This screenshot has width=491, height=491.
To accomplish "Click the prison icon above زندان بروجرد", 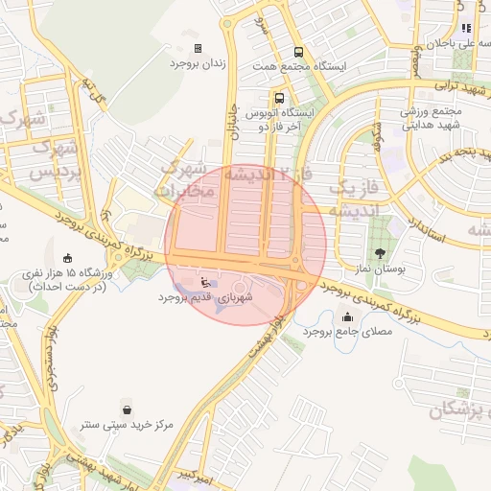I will pyautogui.click(x=199, y=48).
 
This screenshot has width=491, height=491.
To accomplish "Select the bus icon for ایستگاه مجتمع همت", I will pyautogui.click(x=298, y=53).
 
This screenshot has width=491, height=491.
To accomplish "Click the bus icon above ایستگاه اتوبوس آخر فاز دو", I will pyautogui.click(x=279, y=98).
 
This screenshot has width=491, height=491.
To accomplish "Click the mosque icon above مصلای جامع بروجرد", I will pyautogui.click(x=346, y=316).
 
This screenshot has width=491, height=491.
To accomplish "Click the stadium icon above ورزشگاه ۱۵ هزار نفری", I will pyautogui.click(x=66, y=257).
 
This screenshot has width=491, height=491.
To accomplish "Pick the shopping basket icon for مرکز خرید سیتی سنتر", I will pyautogui.click(x=127, y=409).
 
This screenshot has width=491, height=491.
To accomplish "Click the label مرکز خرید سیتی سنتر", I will pyautogui.click(x=127, y=424).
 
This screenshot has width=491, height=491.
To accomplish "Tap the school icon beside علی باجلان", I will pyautogui.click(x=466, y=29).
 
